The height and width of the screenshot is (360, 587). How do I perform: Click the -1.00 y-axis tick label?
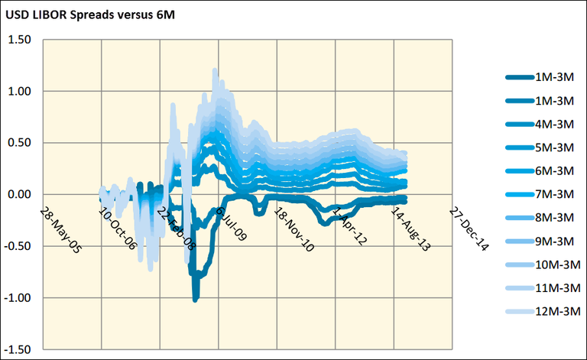click(x=20, y=297)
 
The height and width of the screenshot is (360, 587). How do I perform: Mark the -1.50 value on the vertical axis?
click(x=20, y=349)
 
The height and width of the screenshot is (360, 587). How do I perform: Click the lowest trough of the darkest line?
click(x=196, y=298)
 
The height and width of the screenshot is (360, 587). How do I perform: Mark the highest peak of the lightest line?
click(x=215, y=71)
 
